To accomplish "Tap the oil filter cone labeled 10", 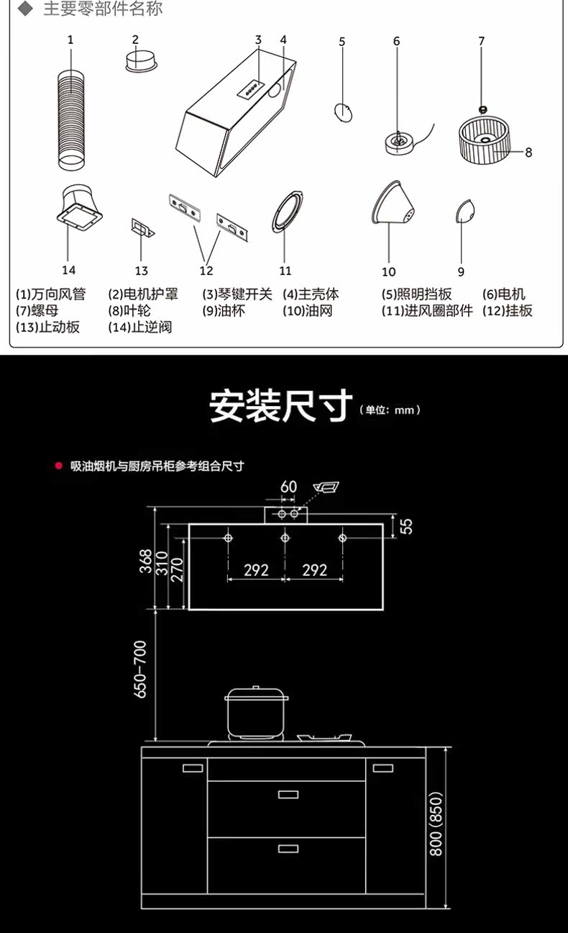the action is click(395, 204).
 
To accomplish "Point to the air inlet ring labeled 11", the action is click(287, 212).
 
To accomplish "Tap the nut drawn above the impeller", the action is click(482, 108).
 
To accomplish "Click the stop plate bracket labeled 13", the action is click(142, 228).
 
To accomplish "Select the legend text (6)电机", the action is click(504, 294).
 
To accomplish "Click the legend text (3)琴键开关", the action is click(237, 294).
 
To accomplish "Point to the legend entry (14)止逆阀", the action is click(139, 328).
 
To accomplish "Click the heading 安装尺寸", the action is click(281, 407).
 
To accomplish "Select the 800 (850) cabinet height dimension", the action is click(436, 824).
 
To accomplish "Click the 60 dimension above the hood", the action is click(288, 487).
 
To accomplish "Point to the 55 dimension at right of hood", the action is click(406, 526).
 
